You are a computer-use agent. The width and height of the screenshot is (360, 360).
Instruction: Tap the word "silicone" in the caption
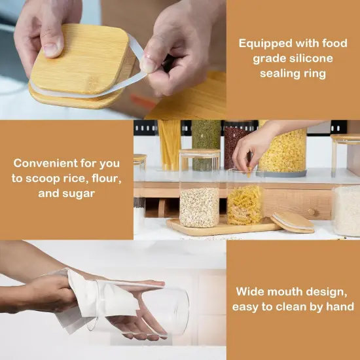click(x=311, y=58)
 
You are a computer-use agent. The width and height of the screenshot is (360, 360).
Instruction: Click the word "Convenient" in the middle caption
click(x=45, y=163)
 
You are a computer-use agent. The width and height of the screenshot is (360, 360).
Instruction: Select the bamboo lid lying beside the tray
click(x=292, y=223)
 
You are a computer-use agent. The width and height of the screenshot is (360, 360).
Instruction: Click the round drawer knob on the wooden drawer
click(x=312, y=211)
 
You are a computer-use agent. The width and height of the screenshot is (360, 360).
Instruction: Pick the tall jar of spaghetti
click(x=170, y=145)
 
